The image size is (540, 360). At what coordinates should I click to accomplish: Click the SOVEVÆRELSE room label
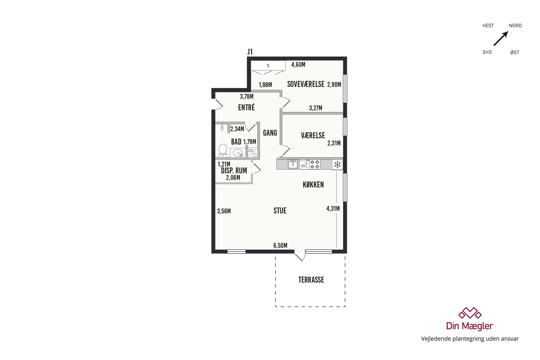point(306,84)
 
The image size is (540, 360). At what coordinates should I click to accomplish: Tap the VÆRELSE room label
point(313,136)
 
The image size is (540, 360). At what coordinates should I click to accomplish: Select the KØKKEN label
point(313,185)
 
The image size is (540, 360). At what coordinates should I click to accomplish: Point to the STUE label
point(280,211)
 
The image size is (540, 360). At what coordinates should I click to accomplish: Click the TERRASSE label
point(311,280)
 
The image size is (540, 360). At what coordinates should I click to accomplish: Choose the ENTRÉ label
point(246,107)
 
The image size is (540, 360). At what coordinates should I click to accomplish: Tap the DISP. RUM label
point(234,171)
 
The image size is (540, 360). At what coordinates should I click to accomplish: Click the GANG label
point(270,133)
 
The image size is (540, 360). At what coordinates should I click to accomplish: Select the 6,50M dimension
point(280,245)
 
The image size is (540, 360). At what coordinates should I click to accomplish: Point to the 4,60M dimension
point(298,65)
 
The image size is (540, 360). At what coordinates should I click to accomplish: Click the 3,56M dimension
point(224,211)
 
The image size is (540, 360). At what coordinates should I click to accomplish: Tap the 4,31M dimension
point(333,208)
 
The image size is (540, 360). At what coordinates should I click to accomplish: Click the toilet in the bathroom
point(223,150)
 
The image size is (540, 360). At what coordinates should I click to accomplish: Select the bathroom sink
point(238,153)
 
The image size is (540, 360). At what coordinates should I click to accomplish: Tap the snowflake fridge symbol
point(337,164)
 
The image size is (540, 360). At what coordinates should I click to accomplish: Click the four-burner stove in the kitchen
point(315,164)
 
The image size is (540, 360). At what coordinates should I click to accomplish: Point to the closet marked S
point(268,65)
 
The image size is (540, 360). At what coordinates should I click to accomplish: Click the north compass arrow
point(501,38)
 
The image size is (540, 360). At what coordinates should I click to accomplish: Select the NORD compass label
point(515,26)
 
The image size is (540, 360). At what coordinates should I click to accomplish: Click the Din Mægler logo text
point(470,326)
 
